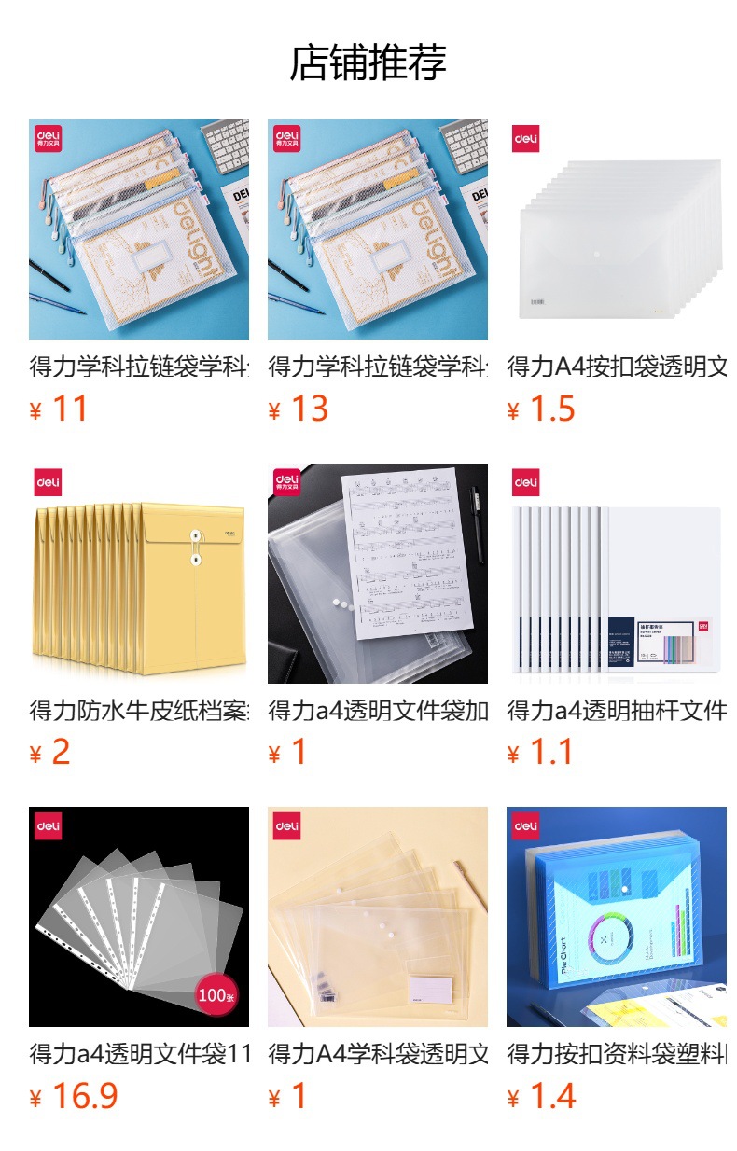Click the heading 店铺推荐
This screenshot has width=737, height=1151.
tap(368, 62)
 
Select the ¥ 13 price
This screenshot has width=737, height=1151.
tap(298, 409)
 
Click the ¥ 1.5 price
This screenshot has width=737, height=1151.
tap(541, 409)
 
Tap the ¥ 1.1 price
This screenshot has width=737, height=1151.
tap(541, 753)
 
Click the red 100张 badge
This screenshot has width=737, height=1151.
tap(216, 996)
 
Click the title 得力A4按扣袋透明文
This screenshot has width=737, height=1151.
tap(617, 367)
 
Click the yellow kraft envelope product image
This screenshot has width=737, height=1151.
tap(139, 588)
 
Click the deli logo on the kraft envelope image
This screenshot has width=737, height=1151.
tap(49, 483)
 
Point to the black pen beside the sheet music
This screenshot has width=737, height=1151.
tap(476, 522)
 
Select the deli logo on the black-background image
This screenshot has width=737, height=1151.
tap(49, 826)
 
